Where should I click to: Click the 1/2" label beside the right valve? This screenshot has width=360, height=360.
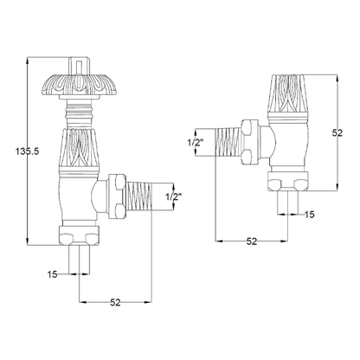(197, 142)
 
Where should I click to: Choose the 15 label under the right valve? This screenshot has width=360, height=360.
(310, 214)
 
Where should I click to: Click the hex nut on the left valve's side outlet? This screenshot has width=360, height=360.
(114, 197)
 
